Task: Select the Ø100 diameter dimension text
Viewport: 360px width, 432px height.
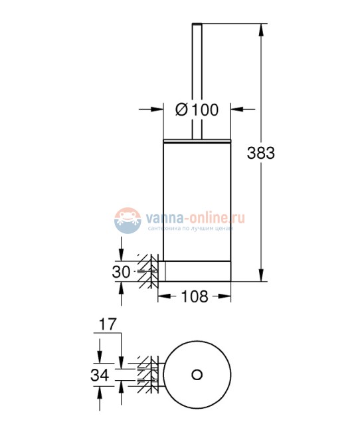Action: tap(197, 110)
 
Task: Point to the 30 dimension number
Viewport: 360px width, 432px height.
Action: tap(122, 271)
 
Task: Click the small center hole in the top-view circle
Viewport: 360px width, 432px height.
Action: tap(197, 375)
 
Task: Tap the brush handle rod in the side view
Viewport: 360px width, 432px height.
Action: tap(197, 80)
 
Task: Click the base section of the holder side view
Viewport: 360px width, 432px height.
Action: tap(197, 270)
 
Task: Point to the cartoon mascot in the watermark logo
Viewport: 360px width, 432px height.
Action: tap(126, 219)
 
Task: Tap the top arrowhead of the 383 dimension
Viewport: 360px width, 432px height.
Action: tap(260, 29)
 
